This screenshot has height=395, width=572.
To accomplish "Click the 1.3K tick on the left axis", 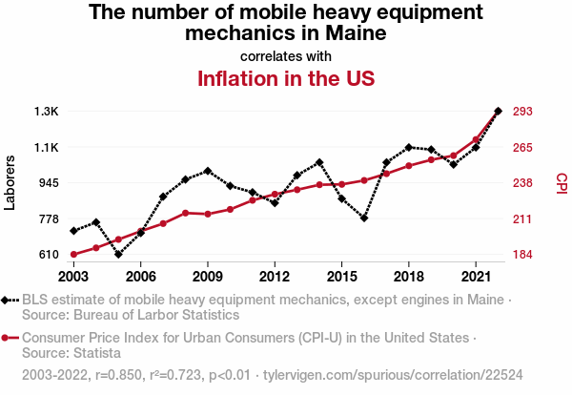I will click(45, 112).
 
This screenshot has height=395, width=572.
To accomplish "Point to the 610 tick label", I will click(47, 255).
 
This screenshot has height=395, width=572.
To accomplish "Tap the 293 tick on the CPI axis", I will click(523, 112).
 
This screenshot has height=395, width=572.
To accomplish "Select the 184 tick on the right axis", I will click(523, 255).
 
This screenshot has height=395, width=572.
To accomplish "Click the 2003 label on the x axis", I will click(73, 277).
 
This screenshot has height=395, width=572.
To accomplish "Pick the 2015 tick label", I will click(341, 277).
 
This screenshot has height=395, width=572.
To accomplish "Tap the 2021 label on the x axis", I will click(475, 277).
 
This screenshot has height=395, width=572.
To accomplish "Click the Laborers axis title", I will click(10, 182).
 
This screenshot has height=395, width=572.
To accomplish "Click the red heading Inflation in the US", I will click(285, 78).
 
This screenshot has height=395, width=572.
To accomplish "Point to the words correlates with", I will click(285, 55).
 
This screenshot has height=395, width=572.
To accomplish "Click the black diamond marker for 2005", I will click(118, 254).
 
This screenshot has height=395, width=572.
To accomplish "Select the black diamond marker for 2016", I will click(364, 218).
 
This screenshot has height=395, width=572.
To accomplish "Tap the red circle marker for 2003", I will click(73, 254).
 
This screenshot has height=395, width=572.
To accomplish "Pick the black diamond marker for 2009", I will click(208, 171).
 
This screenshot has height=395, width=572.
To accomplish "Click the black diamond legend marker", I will click(10, 300).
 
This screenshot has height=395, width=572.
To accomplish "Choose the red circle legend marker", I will click(10, 338).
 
